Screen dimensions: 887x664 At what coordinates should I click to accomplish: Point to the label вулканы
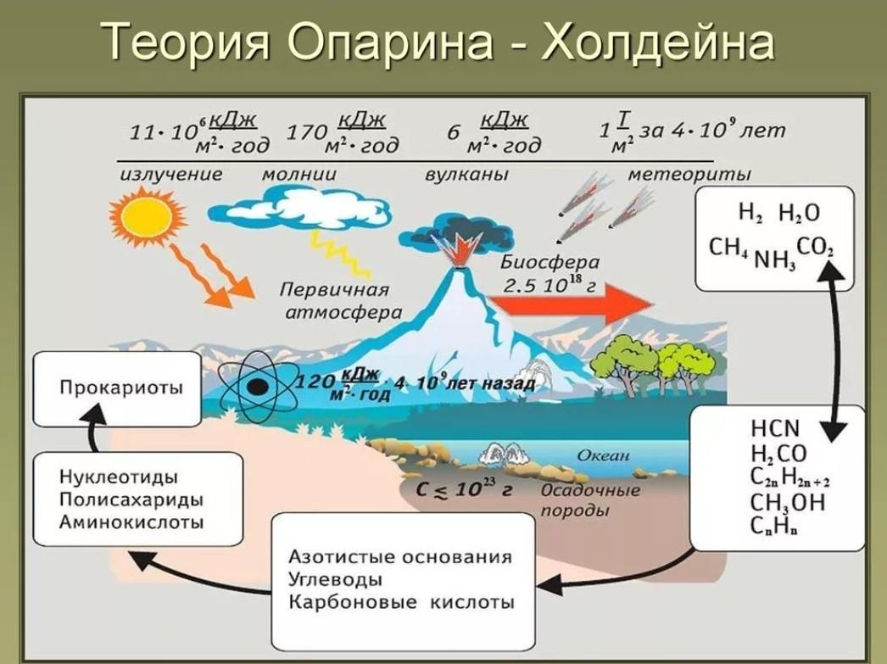click(x=466, y=174)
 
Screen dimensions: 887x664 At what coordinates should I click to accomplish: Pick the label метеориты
click(x=689, y=174)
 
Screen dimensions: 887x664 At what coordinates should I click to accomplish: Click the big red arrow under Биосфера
click(x=572, y=304)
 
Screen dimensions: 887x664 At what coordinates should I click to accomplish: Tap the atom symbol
click(x=258, y=387)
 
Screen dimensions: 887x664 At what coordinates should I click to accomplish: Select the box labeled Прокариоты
click(x=117, y=388)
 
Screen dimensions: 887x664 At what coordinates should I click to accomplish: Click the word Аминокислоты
click(x=131, y=522)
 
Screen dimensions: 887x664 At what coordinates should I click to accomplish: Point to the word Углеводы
click(x=336, y=580)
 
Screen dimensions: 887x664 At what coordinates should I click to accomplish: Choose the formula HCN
click(x=775, y=428)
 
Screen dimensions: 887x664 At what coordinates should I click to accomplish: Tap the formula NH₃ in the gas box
click(x=775, y=260)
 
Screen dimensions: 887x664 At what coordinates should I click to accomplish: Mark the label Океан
click(x=603, y=455)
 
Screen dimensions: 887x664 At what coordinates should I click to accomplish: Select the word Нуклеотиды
click(x=118, y=477)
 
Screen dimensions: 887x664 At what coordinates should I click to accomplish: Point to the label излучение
click(x=171, y=174)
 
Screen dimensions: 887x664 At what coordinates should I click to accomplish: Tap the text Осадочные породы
click(x=590, y=500)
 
